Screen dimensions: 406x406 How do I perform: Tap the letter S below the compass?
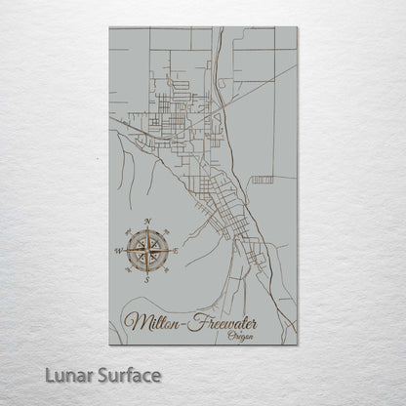click(x=145, y=279)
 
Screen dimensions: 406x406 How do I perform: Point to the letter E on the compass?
click(x=176, y=251)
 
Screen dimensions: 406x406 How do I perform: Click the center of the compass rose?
click(x=146, y=251)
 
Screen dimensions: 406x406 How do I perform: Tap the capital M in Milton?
click(x=138, y=320)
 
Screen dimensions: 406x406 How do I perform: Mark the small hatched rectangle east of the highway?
click(x=262, y=180)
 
